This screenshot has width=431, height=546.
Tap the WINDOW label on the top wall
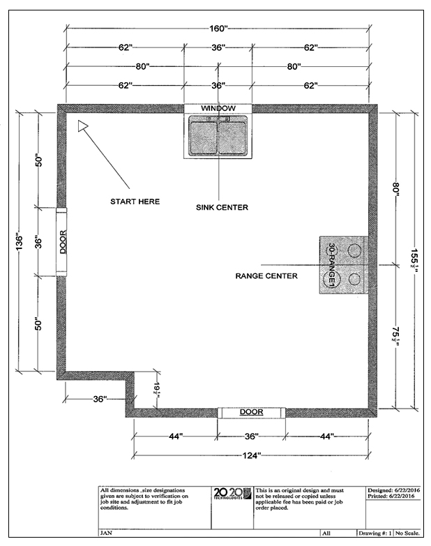coord(218,109)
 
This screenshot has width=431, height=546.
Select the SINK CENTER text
coord(222,207)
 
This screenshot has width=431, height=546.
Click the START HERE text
coord(135,202)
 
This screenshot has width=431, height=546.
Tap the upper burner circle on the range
coord(355,250)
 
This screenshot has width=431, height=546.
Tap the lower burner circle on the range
coord(355,280)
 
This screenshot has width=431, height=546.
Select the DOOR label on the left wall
coord(62,242)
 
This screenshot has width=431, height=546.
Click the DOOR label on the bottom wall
coord(251,412)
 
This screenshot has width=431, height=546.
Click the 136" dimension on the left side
coord(21,242)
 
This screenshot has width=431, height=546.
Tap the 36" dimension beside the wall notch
coord(100,399)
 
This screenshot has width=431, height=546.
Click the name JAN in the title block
coord(107,533)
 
